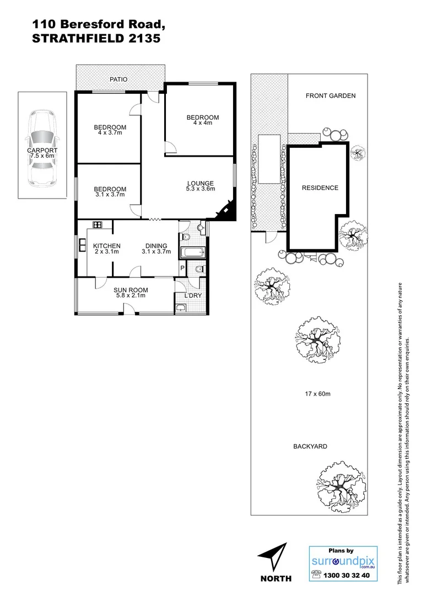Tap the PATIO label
(x=118, y=79)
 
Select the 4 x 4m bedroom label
(x=202, y=120)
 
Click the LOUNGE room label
(x=200, y=186)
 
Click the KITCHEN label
(x=106, y=248)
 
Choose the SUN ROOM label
(x=129, y=292)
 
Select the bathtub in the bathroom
(x=192, y=254)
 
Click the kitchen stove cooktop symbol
(x=98, y=225)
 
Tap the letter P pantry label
(x=182, y=268)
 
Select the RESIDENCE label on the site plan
(x=320, y=188)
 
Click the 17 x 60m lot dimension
(x=317, y=394)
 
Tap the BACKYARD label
(x=310, y=446)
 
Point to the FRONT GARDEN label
(x=331, y=95)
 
